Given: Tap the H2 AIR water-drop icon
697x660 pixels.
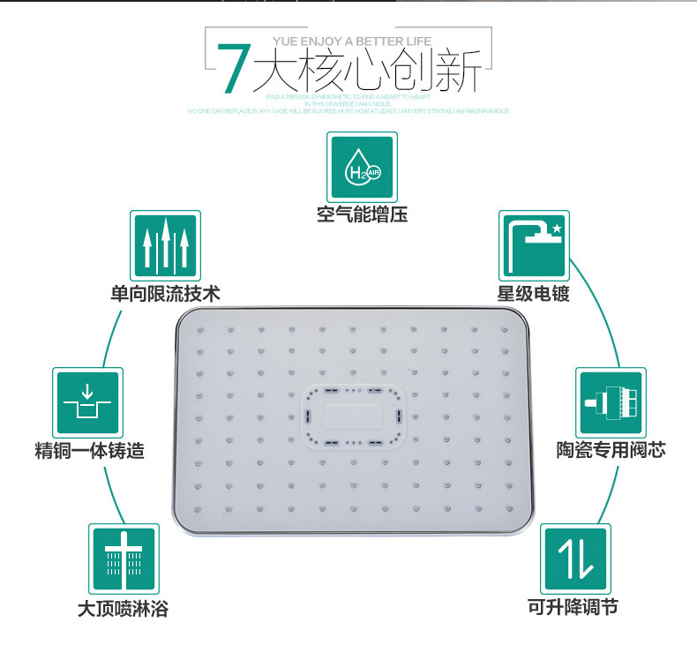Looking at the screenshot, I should coord(362,166).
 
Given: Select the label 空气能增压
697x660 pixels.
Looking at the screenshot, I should coord(362,214).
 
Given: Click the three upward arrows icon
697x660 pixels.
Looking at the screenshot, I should coord(165,244).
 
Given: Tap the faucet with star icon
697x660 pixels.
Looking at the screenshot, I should coord(534,244).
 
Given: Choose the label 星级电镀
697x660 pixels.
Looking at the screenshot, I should coord(534,293).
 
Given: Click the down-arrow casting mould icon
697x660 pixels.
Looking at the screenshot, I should coord(87,401).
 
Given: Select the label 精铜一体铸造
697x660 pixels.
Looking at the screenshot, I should coord(88,451).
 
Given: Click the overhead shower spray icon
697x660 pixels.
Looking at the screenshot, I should coord(124,559).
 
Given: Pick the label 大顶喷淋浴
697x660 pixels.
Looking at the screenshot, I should coord(124,608).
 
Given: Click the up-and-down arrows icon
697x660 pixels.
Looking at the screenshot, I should coord(574,559).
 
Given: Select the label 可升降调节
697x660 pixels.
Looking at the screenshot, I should coord(574,608).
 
